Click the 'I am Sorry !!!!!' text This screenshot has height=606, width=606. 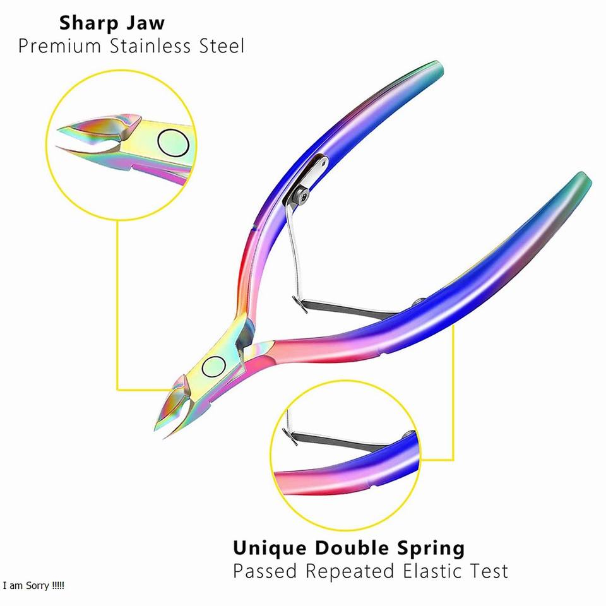[x=33, y=586]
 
